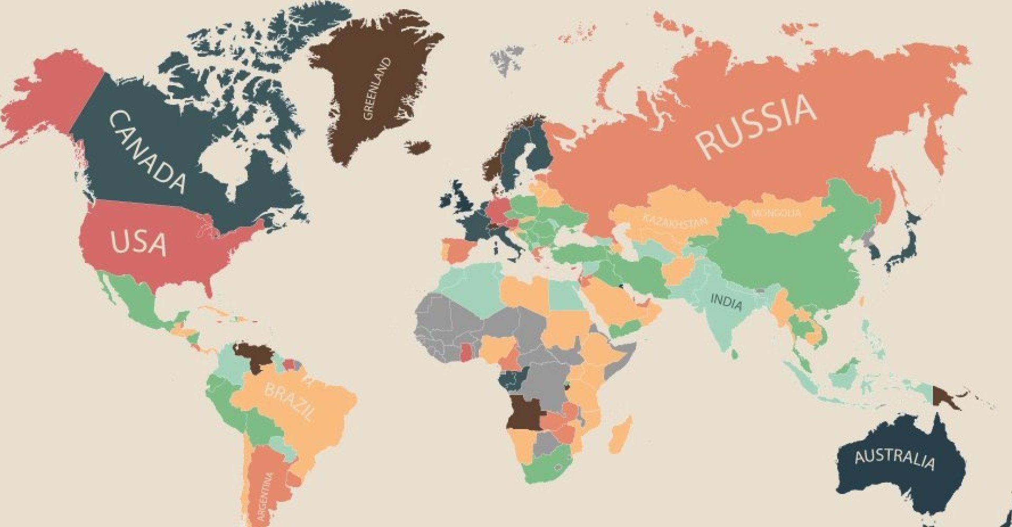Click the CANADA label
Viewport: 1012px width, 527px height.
click(147, 152)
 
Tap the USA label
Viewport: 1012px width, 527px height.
click(138, 243)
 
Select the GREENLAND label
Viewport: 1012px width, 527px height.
click(377, 88)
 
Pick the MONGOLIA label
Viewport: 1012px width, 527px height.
click(776, 213)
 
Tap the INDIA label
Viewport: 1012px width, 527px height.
click(726, 302)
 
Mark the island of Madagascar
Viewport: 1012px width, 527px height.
click(620, 435)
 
